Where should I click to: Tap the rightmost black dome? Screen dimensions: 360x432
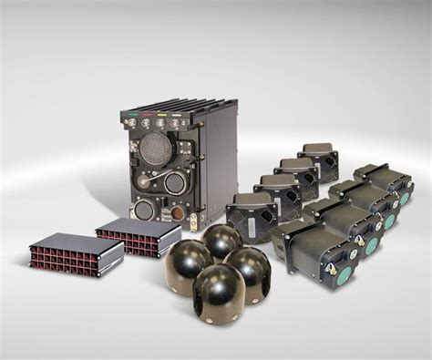pyautogui.click(x=247, y=270)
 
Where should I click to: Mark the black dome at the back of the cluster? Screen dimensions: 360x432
pyautogui.click(x=221, y=242)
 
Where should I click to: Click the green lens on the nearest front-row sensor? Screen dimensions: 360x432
pyautogui.click(x=345, y=276)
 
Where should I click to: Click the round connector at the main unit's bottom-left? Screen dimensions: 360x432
pyautogui.click(x=143, y=211)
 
